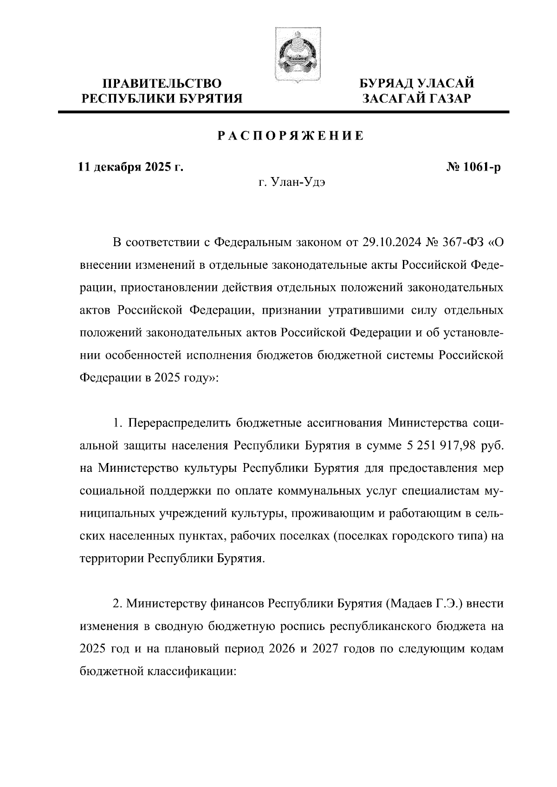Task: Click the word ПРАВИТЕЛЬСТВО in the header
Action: click(x=162, y=84)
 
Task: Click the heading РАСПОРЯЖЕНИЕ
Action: click(x=291, y=136)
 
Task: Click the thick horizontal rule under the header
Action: click(x=283, y=112)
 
